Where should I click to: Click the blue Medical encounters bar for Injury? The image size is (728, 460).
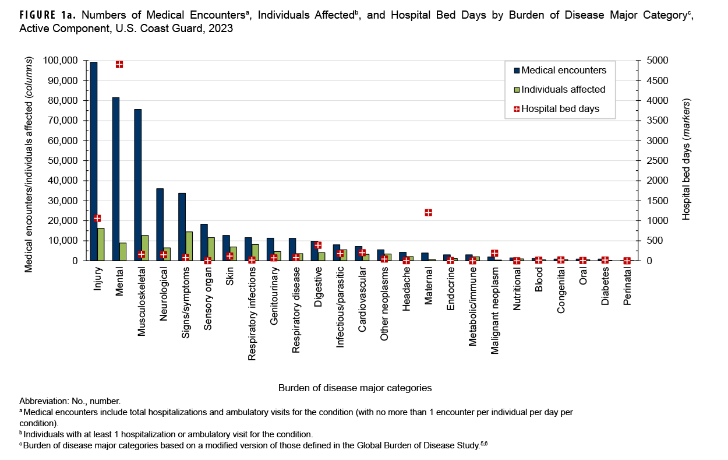pyautogui.click(x=94, y=161)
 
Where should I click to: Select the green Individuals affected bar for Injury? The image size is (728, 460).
pyautogui.click(x=101, y=244)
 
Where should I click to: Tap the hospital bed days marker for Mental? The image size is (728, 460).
pyautogui.click(x=119, y=64)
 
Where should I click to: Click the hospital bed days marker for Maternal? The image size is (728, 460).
pyautogui.click(x=429, y=213)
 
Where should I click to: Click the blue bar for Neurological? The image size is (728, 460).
pyautogui.click(x=160, y=224)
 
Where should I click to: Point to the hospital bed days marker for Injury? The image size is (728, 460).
pyautogui.click(x=97, y=219)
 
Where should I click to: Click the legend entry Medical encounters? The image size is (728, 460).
pyautogui.click(x=563, y=71)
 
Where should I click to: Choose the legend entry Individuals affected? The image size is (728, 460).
pyautogui.click(x=563, y=90)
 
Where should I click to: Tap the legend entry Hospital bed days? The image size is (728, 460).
pyautogui.click(x=560, y=108)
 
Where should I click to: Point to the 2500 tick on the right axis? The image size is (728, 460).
pyautogui.click(x=652, y=161)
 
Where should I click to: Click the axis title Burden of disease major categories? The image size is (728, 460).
pyautogui.click(x=355, y=388)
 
